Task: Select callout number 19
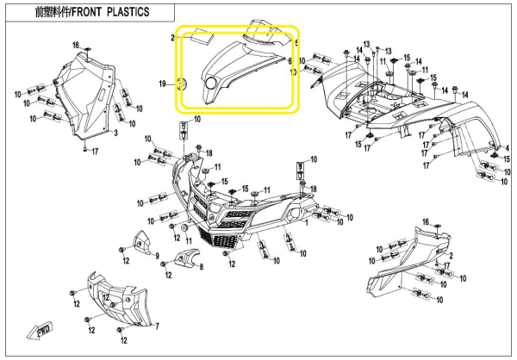(161, 84)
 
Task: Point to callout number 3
(115, 134)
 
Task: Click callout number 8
(201, 268)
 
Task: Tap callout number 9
(158, 256)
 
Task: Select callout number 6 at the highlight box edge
(290, 62)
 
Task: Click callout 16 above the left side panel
(75, 44)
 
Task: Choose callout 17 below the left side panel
(95, 152)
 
